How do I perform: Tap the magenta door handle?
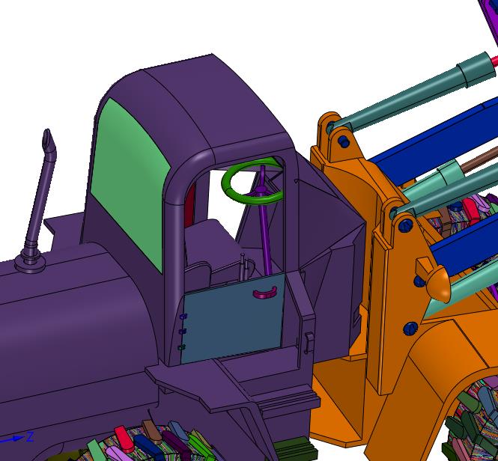pyautogui.click(x=265, y=293)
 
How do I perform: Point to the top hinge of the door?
pyautogui.click(x=183, y=317)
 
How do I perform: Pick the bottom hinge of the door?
pyautogui.click(x=182, y=347)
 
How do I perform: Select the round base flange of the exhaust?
pyautogui.click(x=30, y=263)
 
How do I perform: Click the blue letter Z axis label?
pyautogui.click(x=30, y=436)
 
